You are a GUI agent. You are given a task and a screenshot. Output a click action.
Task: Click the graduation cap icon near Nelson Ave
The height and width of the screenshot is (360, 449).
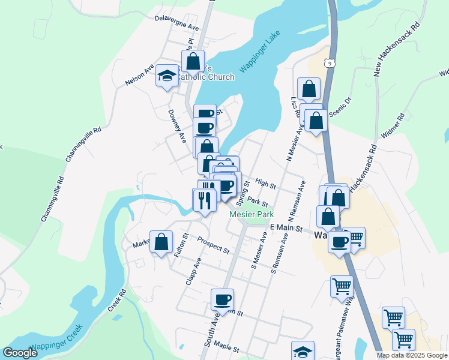(166, 76)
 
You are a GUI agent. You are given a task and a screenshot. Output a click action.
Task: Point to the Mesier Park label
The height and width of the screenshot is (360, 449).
(251, 214)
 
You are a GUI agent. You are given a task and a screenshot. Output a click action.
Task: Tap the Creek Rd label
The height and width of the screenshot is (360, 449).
(116, 301)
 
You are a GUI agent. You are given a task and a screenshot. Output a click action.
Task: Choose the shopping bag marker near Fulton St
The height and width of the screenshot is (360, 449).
(161, 242)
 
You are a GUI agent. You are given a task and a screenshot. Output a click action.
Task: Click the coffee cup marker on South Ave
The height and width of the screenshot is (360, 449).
(222, 300)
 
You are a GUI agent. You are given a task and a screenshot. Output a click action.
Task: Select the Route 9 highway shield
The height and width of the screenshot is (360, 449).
(330, 62)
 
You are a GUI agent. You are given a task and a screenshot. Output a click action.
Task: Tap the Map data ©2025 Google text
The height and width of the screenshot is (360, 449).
(412, 355)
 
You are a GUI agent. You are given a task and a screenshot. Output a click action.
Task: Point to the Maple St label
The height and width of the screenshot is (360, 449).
(226, 347)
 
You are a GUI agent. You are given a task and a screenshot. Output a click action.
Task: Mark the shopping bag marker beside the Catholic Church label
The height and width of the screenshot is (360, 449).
(193, 61)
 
